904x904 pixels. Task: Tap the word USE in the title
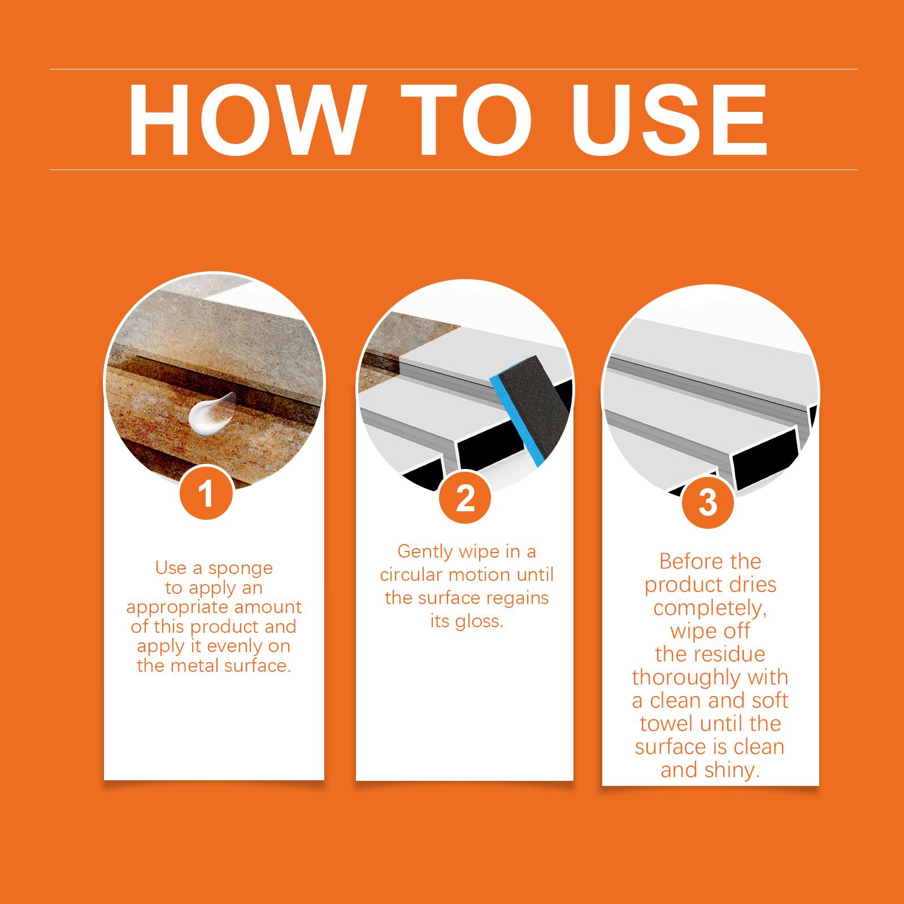[x=666, y=120]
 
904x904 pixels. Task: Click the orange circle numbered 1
[x=207, y=493]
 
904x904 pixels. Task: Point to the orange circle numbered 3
[x=708, y=502]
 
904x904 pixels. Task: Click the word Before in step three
[x=685, y=562]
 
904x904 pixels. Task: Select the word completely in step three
[x=710, y=609]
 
